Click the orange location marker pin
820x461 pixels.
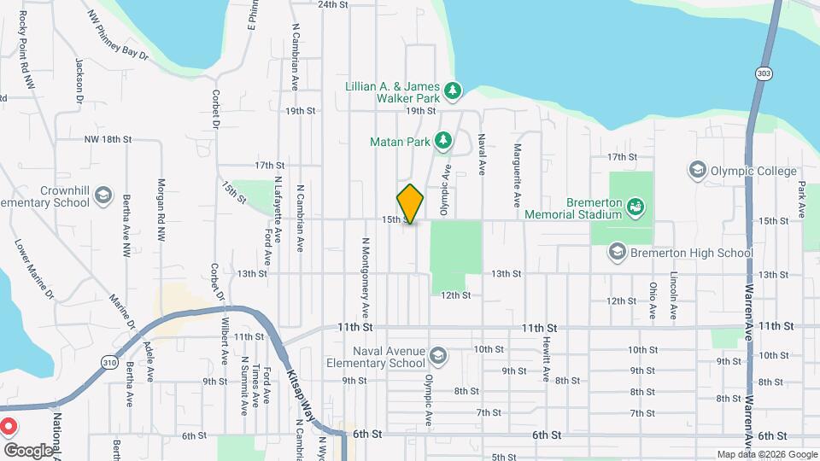tap(411, 203)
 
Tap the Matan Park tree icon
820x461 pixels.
tap(442, 140)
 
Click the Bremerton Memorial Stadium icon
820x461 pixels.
tap(635, 206)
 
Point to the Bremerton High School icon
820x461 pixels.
tap(618, 252)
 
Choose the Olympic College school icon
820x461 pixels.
tap(697, 171)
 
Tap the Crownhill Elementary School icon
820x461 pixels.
tap(104, 196)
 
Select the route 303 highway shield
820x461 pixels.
tap(762, 74)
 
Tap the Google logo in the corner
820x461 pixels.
tap(27, 450)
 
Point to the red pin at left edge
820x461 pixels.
tap(7, 425)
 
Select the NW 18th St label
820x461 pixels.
tap(108, 138)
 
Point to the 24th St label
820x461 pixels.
tap(333, 4)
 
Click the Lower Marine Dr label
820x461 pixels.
tap(34, 270)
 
